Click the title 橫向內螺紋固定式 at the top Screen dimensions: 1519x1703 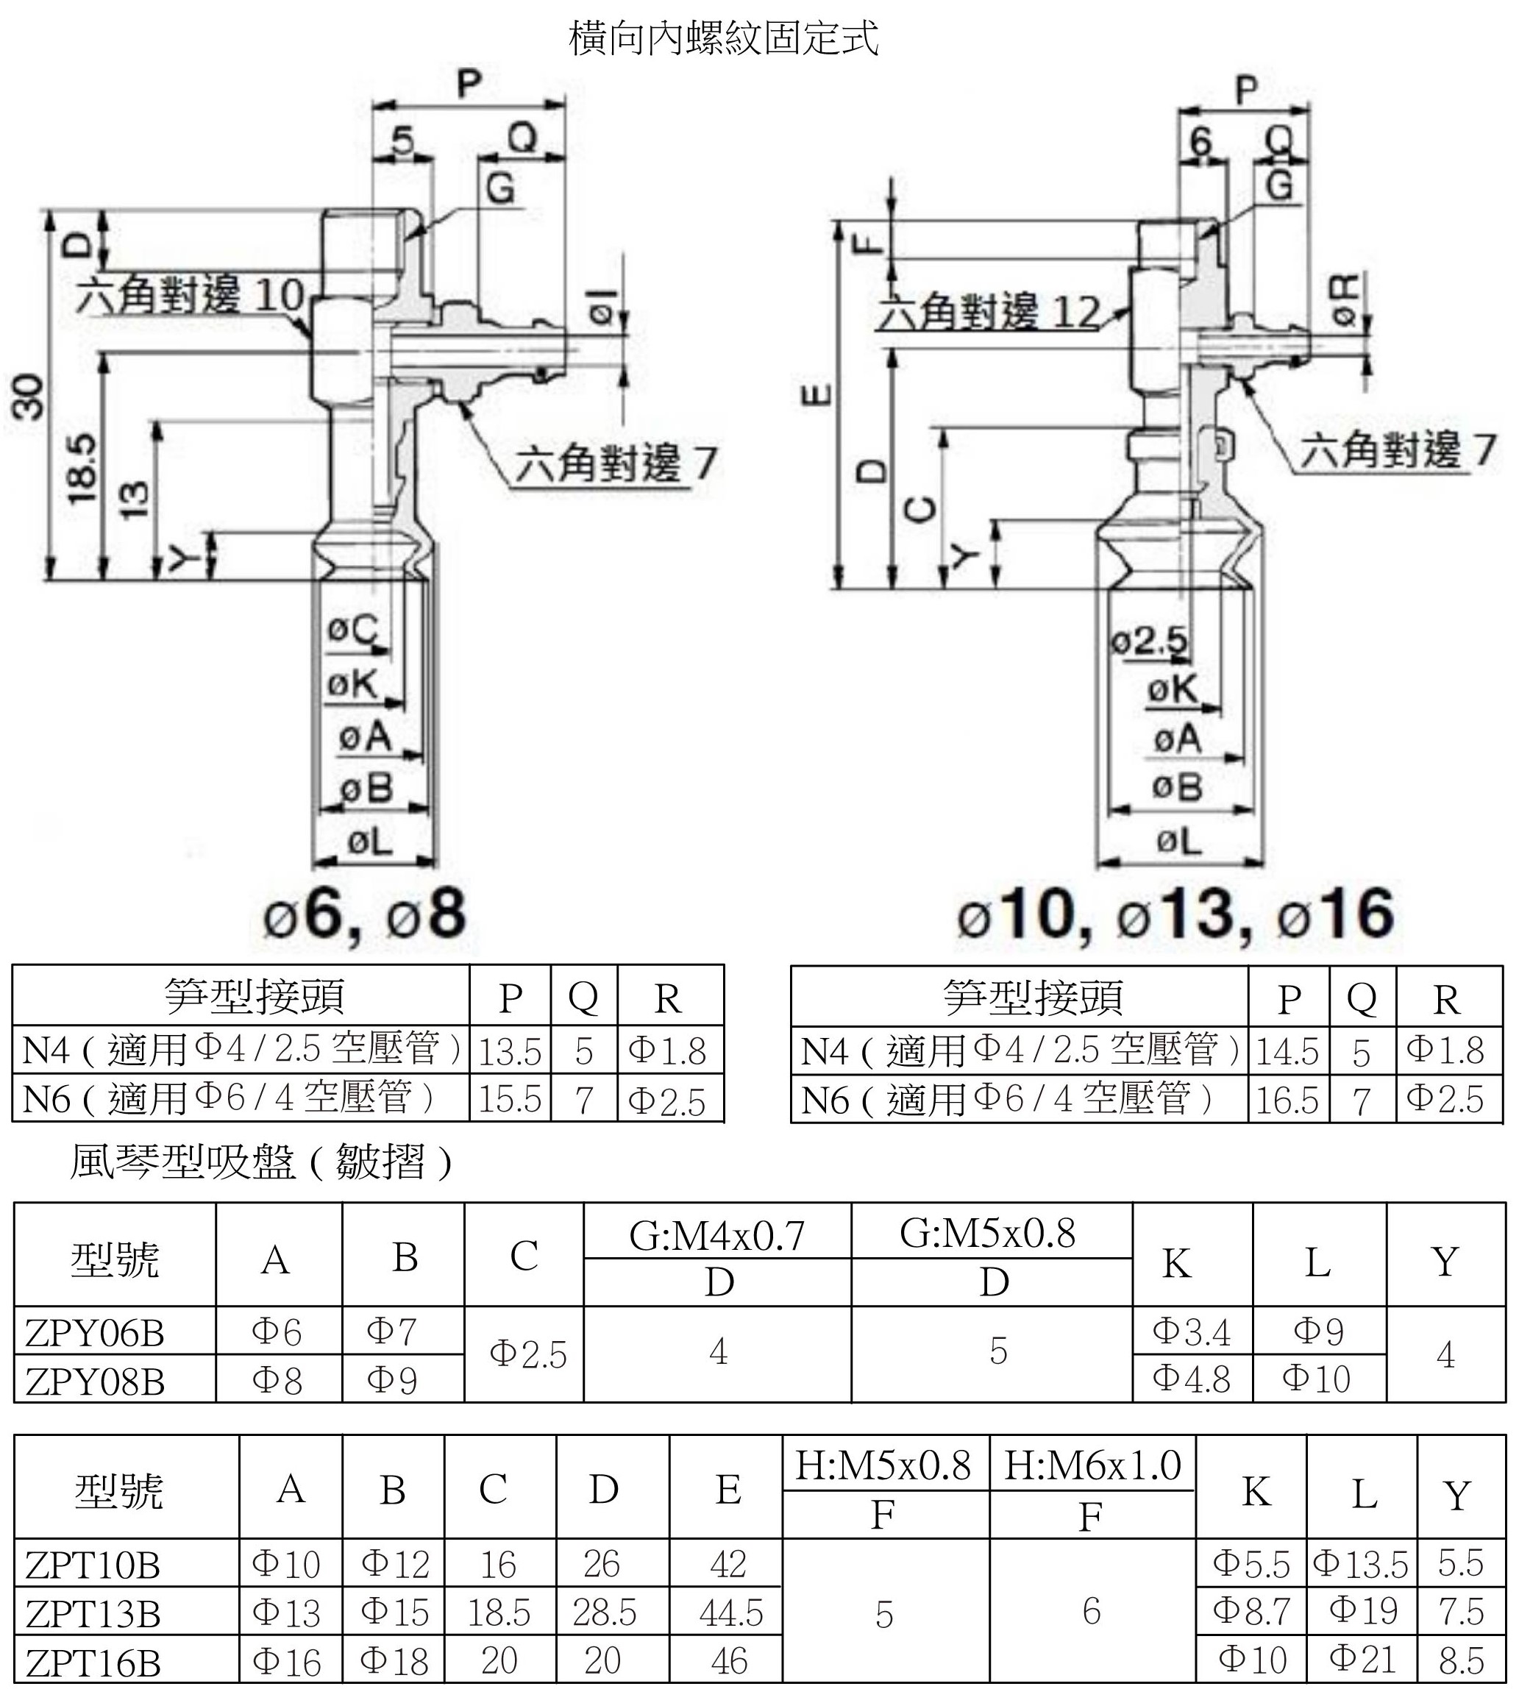point(724,38)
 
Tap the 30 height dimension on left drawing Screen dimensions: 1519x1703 point(26,397)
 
